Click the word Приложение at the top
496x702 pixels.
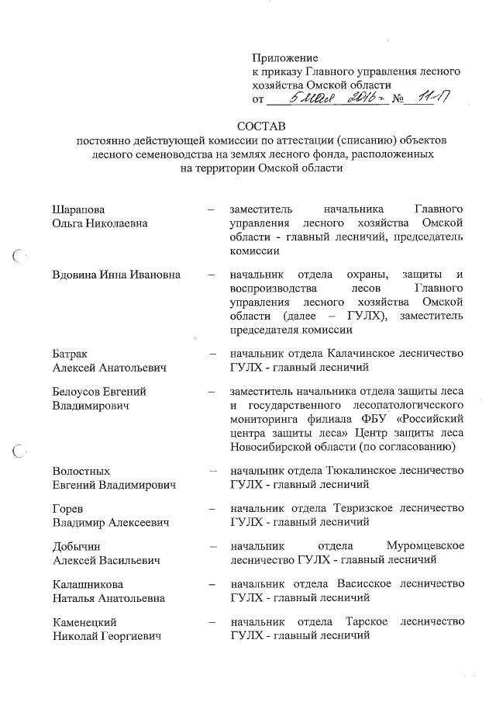click(285, 57)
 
